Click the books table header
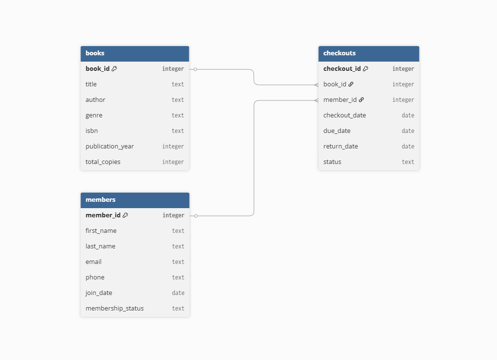(x=135, y=53)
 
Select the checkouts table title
(x=339, y=53)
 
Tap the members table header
(x=135, y=200)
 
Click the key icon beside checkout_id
(x=365, y=68)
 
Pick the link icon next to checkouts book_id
(x=351, y=84)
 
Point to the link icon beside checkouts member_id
(x=361, y=99)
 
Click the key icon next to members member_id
(x=125, y=215)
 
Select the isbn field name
(x=92, y=131)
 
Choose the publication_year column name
(x=110, y=147)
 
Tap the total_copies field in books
(x=103, y=162)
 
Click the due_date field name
(x=337, y=131)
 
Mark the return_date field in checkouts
(x=341, y=147)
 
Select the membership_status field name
(x=115, y=309)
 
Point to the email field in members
(x=94, y=262)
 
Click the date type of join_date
(x=178, y=293)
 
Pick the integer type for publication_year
(x=173, y=147)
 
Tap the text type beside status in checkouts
(x=408, y=162)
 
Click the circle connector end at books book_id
(x=196, y=69)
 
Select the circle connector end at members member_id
(x=196, y=216)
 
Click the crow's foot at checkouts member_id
(x=316, y=100)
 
